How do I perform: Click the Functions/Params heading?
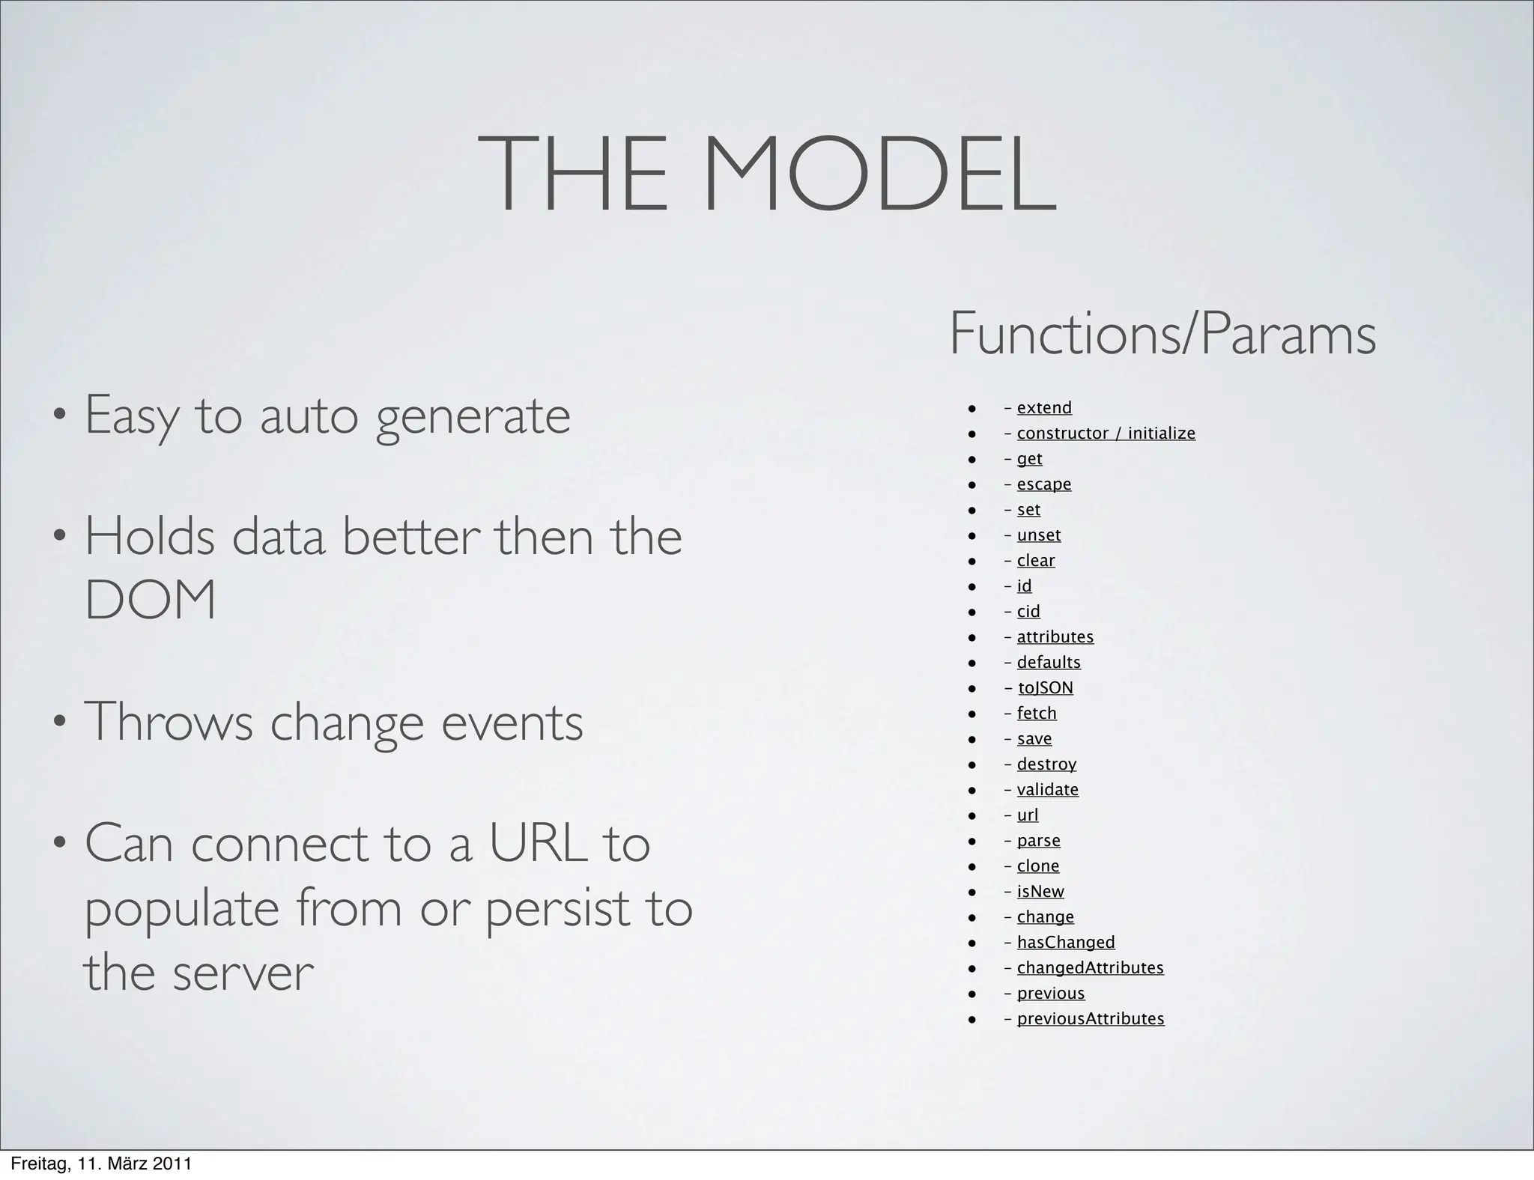1162,334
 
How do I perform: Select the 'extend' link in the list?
1044,408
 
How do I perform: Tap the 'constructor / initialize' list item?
1106,434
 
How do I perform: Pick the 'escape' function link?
1044,484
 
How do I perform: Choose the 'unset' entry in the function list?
1039,535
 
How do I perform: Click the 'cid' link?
1028,612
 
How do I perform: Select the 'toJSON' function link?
1045,688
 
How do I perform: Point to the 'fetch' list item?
1037,714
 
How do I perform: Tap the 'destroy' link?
1046,764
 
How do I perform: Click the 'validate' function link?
1048,790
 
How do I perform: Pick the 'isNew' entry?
1040,892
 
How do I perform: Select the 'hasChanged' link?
1066,943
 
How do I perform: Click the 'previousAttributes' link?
1091,1019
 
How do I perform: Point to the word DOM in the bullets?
151,600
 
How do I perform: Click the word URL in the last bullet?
537,844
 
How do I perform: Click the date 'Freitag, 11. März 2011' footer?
101,1164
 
